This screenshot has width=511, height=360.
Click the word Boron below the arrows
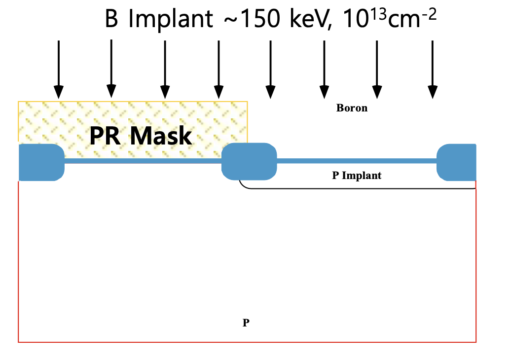tap(352, 108)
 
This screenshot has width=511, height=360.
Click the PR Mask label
tap(141, 136)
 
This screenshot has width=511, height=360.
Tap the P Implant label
tap(357, 176)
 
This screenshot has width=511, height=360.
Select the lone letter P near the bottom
tap(246, 323)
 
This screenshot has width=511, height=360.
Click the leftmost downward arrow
tap(59, 69)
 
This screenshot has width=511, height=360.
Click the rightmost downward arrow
tap(433, 69)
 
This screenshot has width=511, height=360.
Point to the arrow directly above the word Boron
tap(324, 69)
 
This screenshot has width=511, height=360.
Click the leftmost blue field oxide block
tap(41, 162)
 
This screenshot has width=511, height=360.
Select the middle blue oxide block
tap(249, 161)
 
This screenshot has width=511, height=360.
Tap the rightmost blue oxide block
tap(457, 162)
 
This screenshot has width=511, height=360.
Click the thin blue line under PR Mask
tap(143, 161)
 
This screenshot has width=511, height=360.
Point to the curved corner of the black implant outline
tap(243, 185)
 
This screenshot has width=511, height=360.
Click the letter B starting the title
tap(112, 20)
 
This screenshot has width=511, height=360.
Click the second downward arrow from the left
tap(111, 69)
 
